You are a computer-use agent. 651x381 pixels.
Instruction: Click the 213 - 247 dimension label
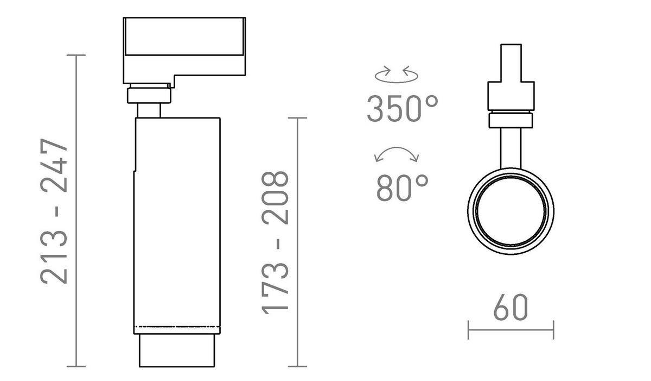click(x=54, y=211)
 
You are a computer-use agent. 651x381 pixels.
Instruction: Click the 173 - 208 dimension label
click(x=275, y=243)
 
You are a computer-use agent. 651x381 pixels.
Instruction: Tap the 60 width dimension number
click(x=510, y=307)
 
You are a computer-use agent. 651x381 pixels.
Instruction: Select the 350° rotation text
click(x=403, y=108)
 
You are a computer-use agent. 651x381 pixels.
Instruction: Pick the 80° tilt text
click(x=403, y=188)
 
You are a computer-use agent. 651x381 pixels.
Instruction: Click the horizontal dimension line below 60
click(x=511, y=330)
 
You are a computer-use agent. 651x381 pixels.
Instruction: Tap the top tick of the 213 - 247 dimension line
click(x=76, y=55)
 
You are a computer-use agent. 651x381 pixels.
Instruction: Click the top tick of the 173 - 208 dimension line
click(x=297, y=118)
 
